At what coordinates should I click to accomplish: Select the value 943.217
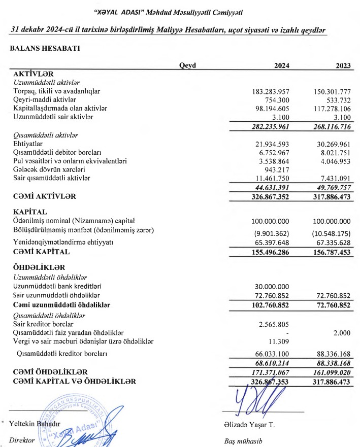tap(275, 169)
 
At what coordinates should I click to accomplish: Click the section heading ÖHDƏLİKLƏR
tap(40, 267)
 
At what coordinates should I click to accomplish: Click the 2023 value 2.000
tap(341, 332)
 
